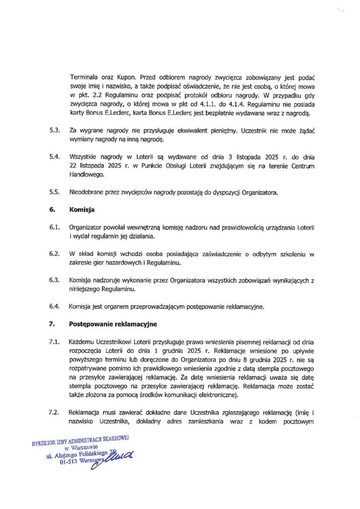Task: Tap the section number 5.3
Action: click(x=54, y=130)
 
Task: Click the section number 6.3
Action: click(x=54, y=280)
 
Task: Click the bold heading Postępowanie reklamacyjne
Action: click(x=112, y=324)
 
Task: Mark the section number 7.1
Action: click(x=54, y=342)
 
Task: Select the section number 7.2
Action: click(x=54, y=413)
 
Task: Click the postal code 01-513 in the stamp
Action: click(x=68, y=462)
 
